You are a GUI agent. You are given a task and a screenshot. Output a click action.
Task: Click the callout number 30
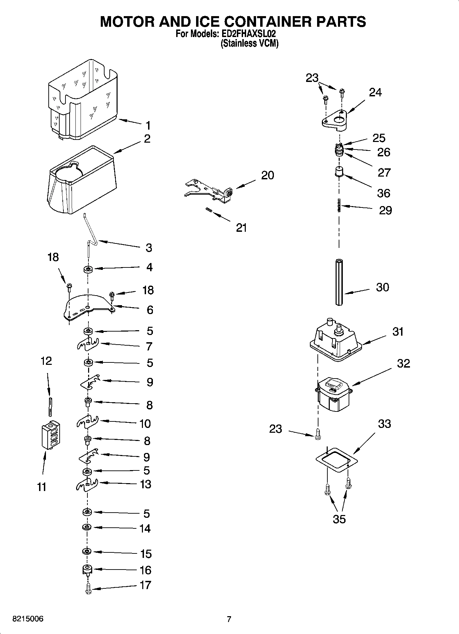click(x=383, y=287)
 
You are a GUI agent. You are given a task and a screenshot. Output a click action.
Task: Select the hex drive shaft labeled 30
click(x=339, y=282)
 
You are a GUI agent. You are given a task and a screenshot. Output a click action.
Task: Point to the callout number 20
click(x=267, y=175)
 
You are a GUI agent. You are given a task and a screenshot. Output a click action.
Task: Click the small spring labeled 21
click(x=208, y=210)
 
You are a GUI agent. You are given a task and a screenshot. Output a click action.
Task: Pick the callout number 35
click(x=339, y=519)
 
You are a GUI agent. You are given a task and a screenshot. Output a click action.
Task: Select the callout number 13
click(x=145, y=484)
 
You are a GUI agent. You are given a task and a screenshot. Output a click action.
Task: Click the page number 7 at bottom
click(x=229, y=619)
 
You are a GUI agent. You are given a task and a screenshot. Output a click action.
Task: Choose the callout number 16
click(x=145, y=570)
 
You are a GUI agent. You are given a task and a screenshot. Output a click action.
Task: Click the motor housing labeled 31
click(x=334, y=339)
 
